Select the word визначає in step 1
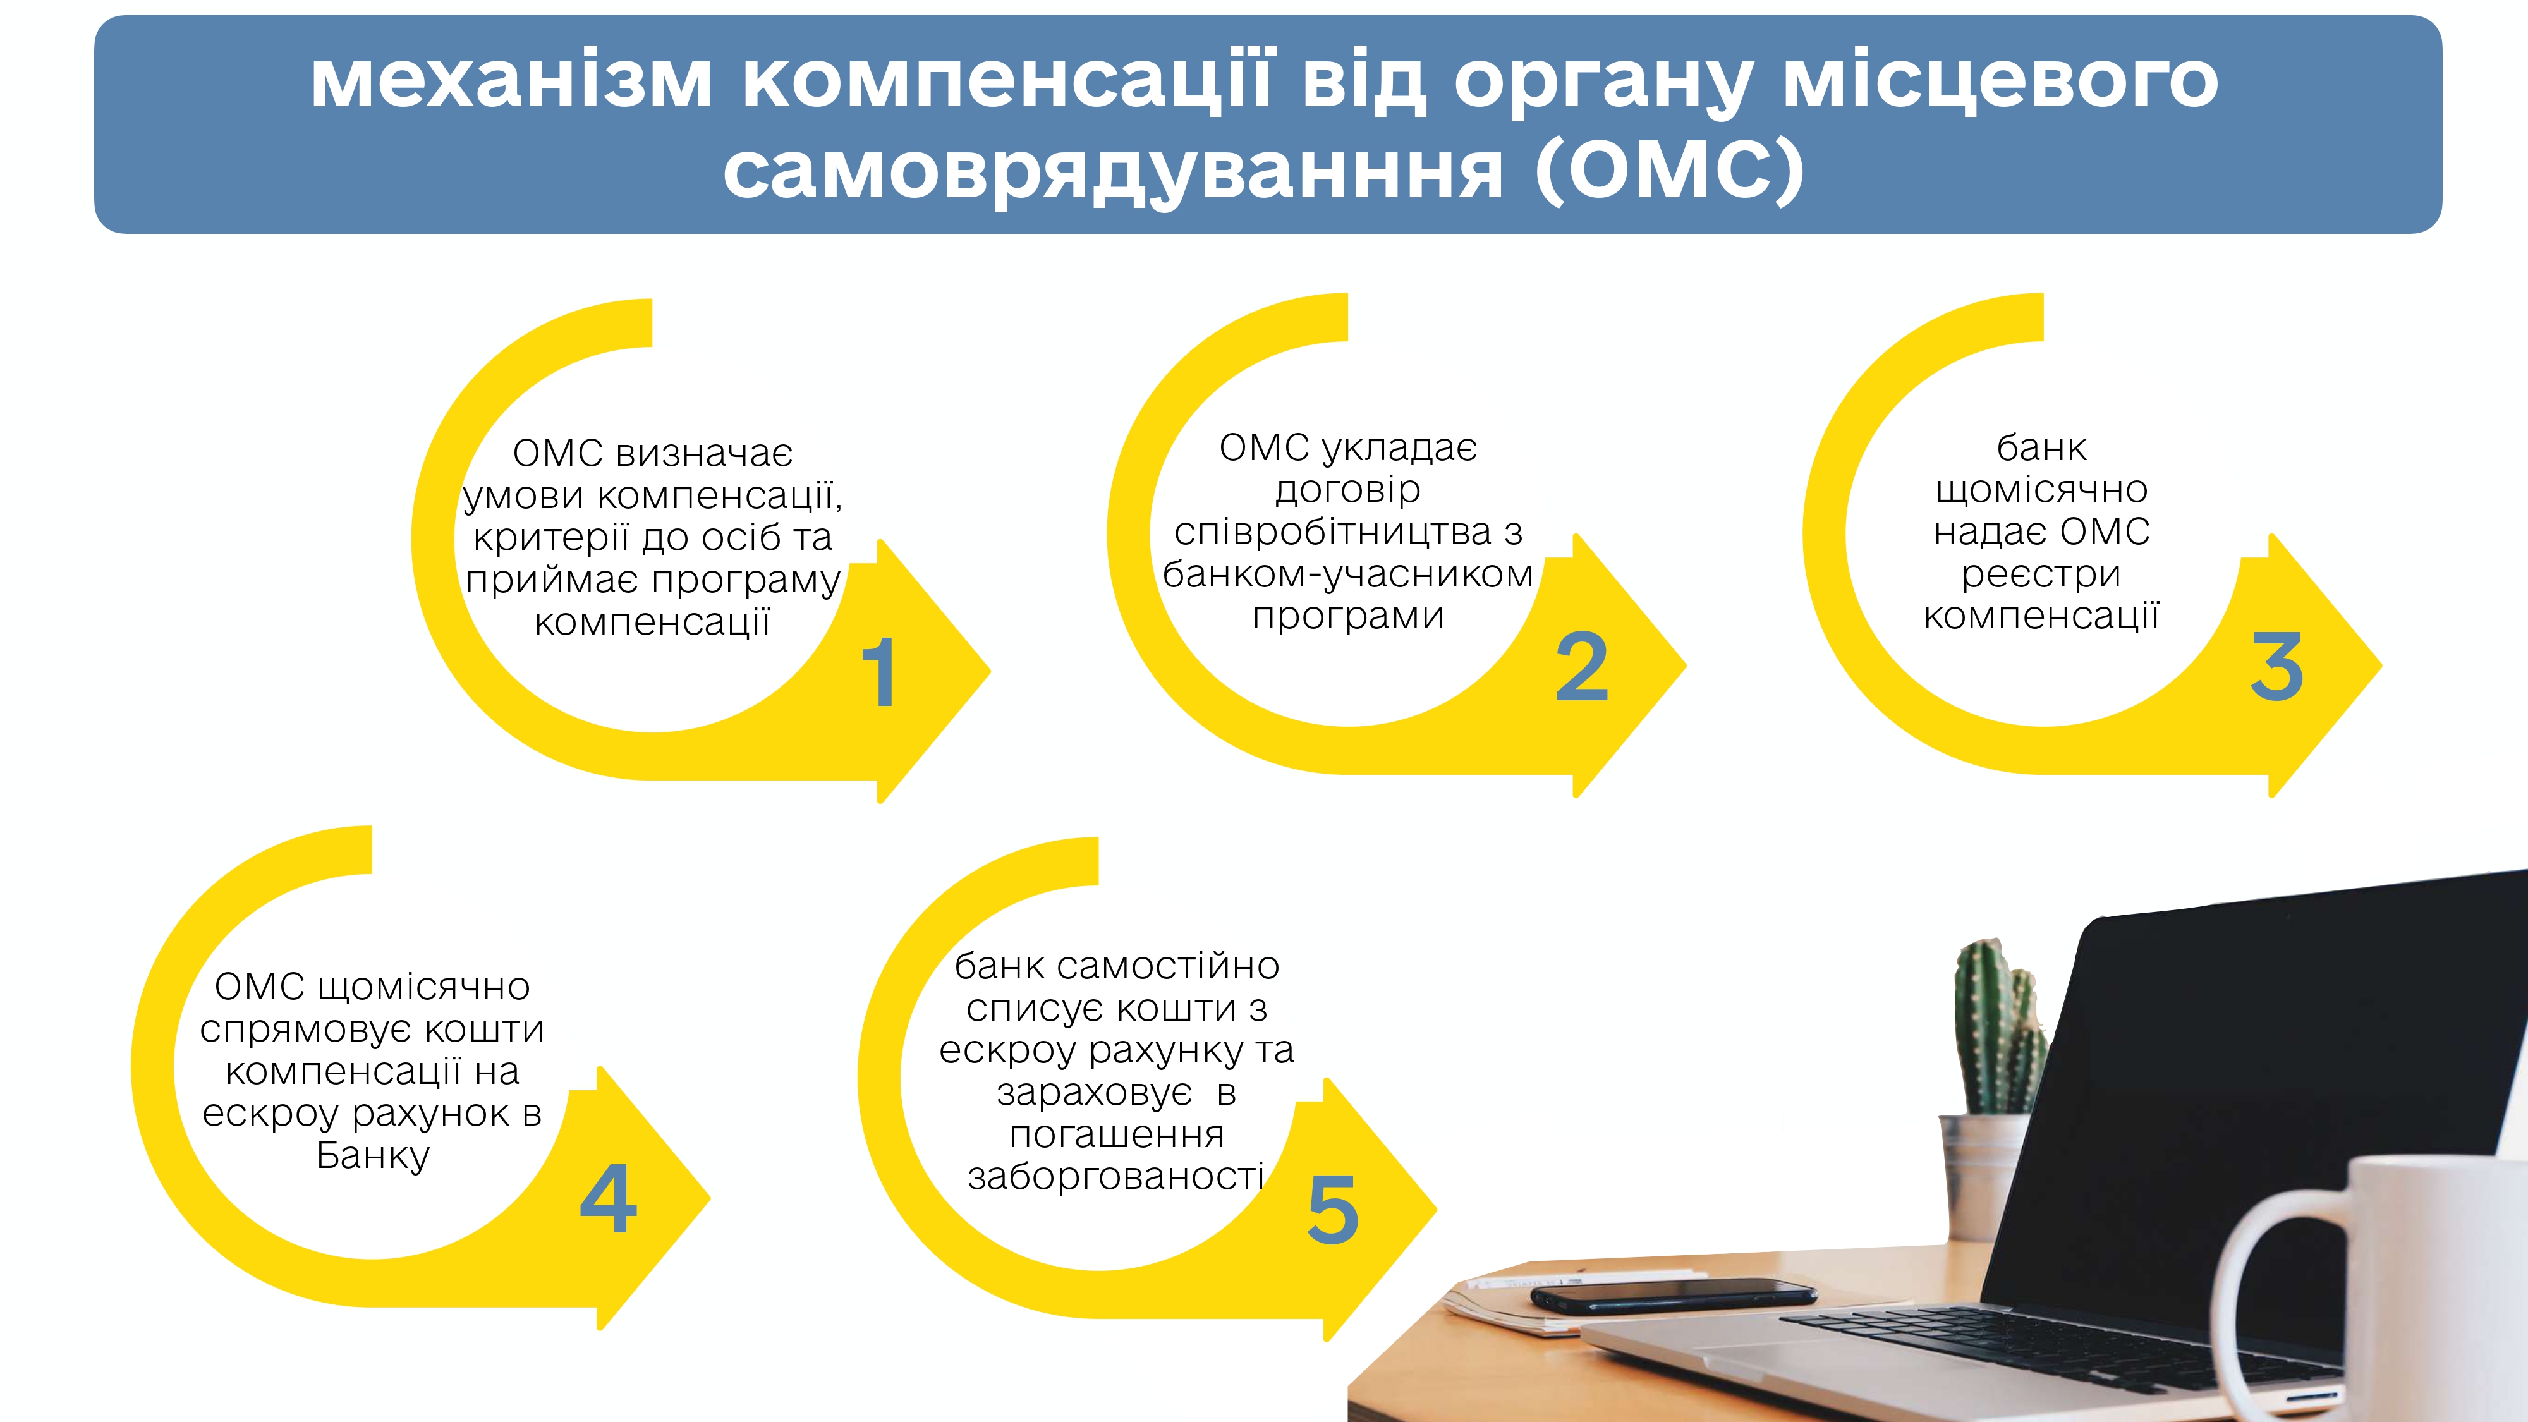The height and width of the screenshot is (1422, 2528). pyautogui.click(x=705, y=453)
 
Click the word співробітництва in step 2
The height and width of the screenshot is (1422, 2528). pyautogui.click(x=1334, y=532)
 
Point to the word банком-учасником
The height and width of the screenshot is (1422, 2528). pyautogui.click(x=1347, y=574)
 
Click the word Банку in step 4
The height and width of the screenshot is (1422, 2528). pyautogui.click(x=373, y=1156)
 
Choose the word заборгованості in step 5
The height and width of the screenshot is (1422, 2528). pyautogui.click(x=1116, y=1176)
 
